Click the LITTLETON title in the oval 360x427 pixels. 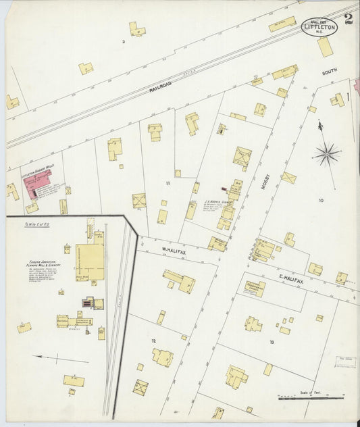click(x=319, y=27)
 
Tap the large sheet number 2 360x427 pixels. click(x=347, y=19)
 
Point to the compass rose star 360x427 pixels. click(x=327, y=155)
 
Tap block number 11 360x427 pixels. click(x=167, y=182)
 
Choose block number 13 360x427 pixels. click(x=272, y=343)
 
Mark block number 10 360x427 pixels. click(x=321, y=200)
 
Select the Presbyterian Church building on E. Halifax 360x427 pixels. click(x=255, y=288)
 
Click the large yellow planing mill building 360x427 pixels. click(x=89, y=261)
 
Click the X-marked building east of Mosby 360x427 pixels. click(x=288, y=178)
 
